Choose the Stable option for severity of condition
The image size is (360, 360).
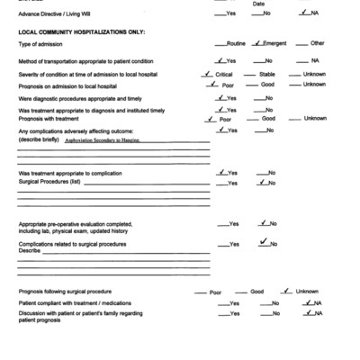267,74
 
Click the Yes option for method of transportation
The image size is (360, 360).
231,60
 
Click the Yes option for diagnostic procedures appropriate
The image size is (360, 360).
231,98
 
